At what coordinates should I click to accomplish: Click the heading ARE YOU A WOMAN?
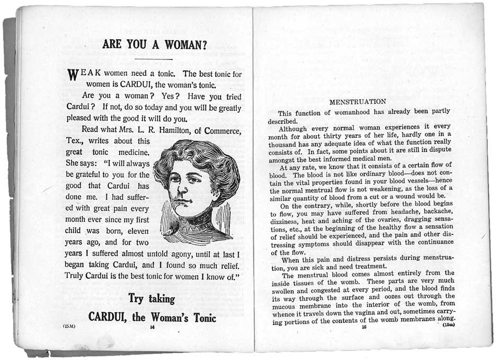pos(154,45)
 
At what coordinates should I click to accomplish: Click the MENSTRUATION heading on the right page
pos(358,101)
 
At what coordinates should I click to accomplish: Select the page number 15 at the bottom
pos(364,327)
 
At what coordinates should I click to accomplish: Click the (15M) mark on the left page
pos(69,326)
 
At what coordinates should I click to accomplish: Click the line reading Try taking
pos(151,298)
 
